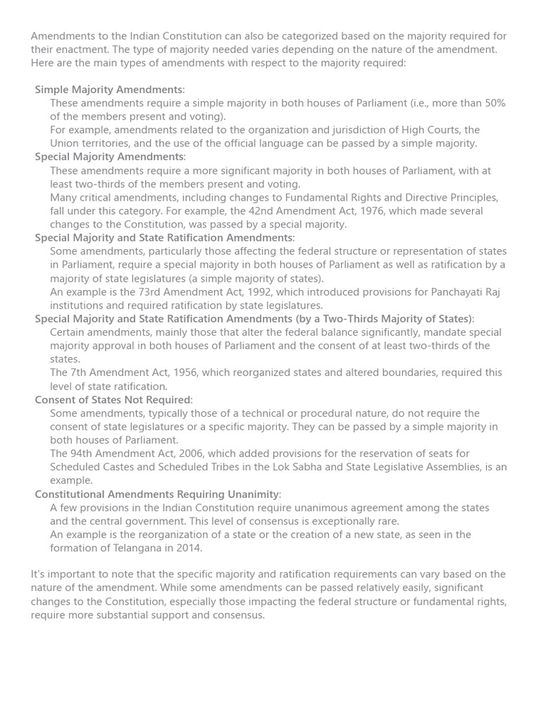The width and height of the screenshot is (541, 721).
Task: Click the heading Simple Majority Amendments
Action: (108, 89)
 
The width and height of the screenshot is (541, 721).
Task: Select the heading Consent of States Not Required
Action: (112, 400)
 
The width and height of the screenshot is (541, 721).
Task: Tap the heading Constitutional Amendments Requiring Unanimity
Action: (157, 494)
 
